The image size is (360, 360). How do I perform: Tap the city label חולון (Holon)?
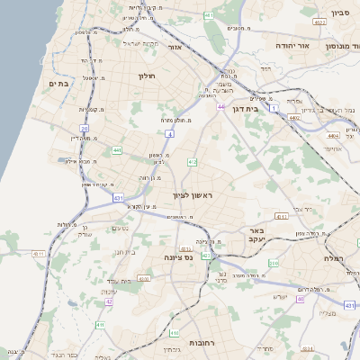(146, 76)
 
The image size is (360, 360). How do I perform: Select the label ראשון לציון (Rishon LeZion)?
(193, 194)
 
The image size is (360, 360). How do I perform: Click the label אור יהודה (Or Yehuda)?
(315, 44)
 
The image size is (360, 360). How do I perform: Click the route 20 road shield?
(84, 128)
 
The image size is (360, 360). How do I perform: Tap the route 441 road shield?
(117, 150)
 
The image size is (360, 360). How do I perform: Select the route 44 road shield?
(220, 106)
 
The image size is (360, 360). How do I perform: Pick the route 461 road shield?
(209, 16)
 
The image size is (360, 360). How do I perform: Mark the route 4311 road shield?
(40, 255)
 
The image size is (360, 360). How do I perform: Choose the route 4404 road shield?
(333, 136)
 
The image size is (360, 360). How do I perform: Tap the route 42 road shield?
(109, 301)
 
